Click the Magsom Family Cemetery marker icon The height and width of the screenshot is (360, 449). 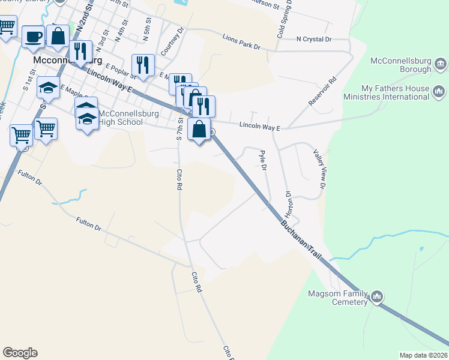point(377,296)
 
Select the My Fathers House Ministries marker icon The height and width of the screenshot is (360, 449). point(438,91)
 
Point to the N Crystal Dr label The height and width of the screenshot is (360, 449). point(314,39)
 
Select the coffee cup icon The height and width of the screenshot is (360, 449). point(33,37)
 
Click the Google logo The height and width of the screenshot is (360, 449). point(20,353)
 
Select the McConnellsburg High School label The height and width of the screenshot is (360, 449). point(121,118)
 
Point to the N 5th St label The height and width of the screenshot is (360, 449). point(146,28)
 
